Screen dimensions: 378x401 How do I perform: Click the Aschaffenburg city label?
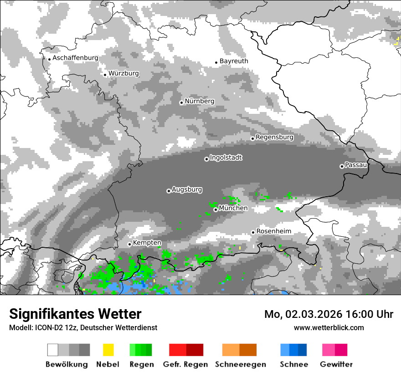(x=75, y=58)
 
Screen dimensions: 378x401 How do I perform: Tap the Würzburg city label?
(x=123, y=73)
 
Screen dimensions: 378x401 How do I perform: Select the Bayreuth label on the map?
(x=234, y=61)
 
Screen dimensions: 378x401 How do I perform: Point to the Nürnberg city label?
(x=200, y=101)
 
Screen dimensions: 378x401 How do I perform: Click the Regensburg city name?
(x=274, y=137)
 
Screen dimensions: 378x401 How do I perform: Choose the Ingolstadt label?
(x=226, y=158)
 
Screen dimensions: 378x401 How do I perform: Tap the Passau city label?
(x=356, y=165)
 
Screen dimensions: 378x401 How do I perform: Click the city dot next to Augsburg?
(x=169, y=191)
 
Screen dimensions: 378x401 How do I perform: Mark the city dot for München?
(x=216, y=209)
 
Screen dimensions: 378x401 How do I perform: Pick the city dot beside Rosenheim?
(x=253, y=232)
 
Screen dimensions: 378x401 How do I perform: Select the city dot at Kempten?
(x=129, y=244)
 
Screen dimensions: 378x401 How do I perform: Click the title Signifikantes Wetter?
(x=75, y=314)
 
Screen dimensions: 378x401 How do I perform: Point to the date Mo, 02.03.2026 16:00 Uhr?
(x=329, y=314)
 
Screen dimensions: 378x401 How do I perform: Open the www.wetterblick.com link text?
(x=329, y=327)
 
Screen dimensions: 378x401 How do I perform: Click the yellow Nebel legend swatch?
(x=108, y=350)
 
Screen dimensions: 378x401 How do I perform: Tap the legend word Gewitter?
(x=336, y=364)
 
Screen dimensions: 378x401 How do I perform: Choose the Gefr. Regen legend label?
(x=185, y=364)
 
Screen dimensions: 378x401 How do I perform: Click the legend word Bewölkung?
(x=67, y=364)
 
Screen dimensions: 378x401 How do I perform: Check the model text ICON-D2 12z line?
(x=83, y=327)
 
